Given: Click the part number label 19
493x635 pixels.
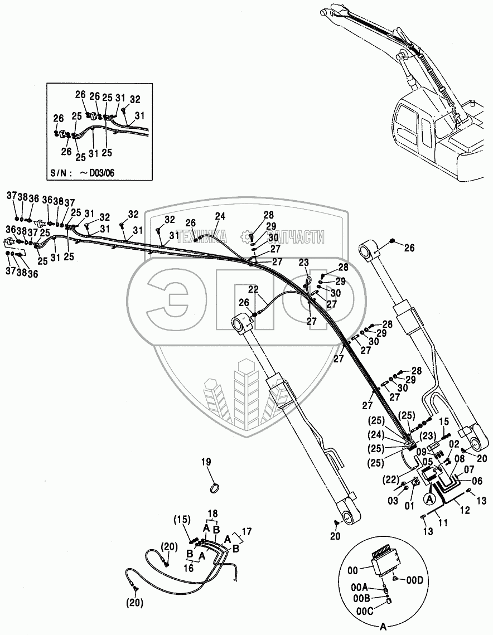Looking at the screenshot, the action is (x=206, y=462).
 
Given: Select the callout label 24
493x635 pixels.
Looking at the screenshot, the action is (x=220, y=216).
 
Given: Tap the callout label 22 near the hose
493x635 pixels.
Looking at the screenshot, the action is (x=254, y=289).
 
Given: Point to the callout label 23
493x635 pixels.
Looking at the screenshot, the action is (x=304, y=262).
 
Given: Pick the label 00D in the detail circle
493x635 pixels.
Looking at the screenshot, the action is (x=414, y=581).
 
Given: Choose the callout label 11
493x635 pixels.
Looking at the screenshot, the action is (x=443, y=522).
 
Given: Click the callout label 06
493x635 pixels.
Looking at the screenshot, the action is (x=477, y=481).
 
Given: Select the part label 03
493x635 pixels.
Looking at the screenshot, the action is (x=393, y=501).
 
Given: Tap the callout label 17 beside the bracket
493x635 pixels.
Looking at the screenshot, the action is (x=246, y=531).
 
